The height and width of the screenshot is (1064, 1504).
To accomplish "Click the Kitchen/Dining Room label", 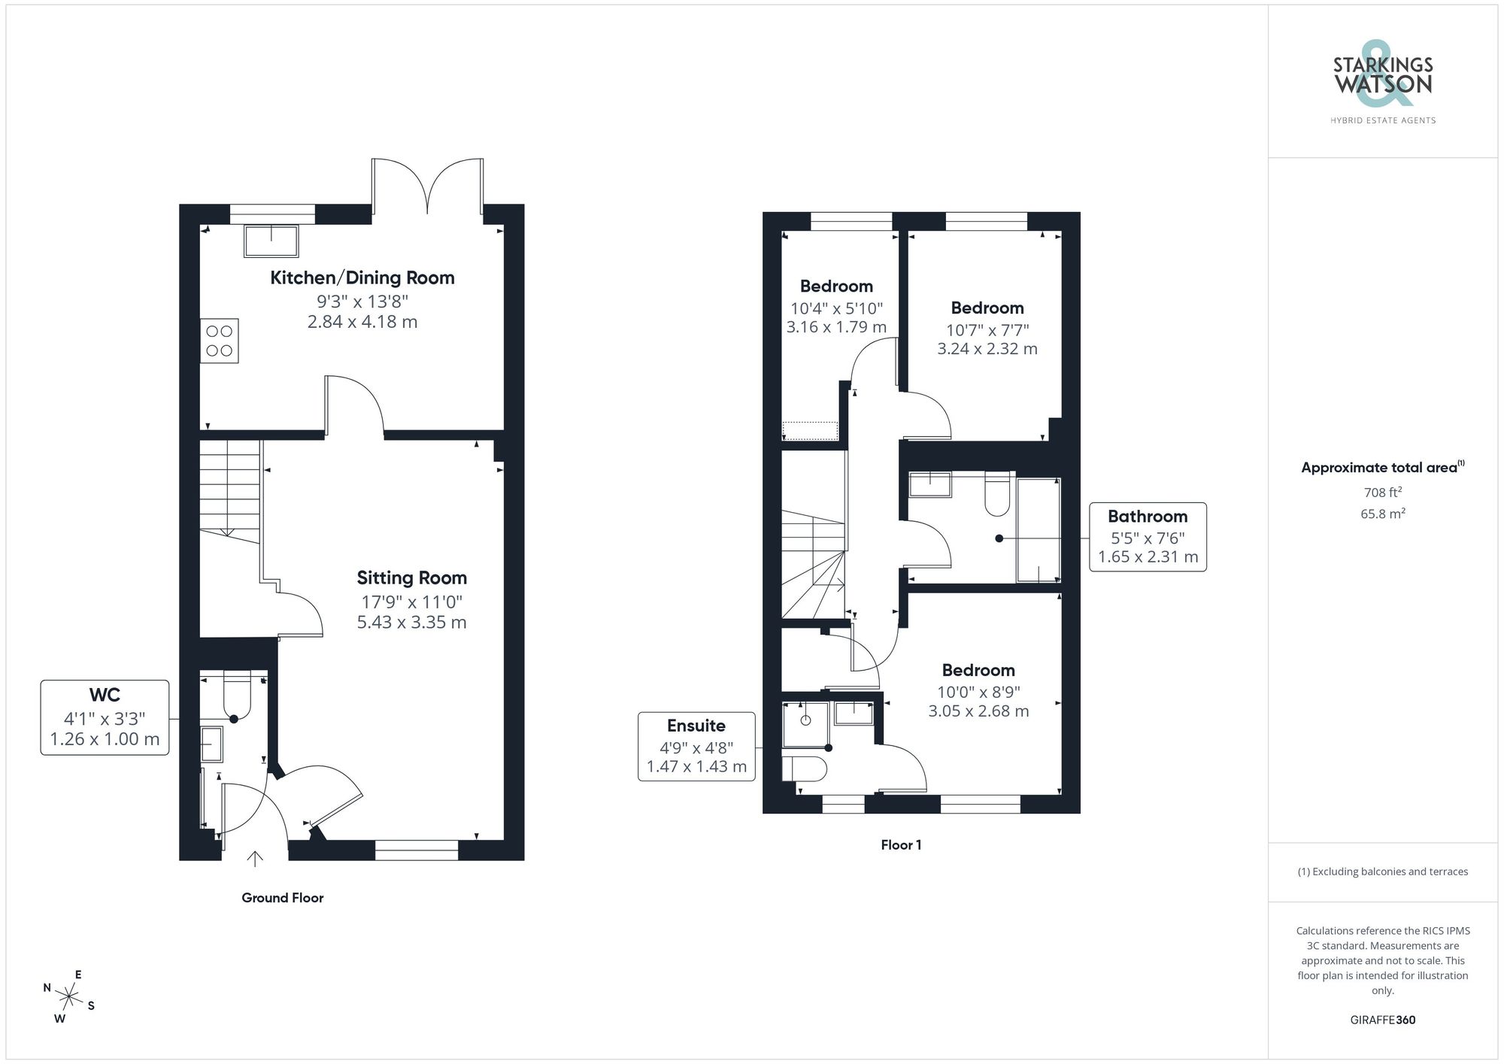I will [x=362, y=277].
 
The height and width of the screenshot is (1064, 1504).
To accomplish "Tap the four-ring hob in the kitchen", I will [x=219, y=341].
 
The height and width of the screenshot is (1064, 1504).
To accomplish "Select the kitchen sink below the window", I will [x=271, y=240].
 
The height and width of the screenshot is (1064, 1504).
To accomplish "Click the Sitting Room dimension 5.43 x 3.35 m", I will [x=411, y=623].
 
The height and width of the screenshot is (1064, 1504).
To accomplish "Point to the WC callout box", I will [x=105, y=717].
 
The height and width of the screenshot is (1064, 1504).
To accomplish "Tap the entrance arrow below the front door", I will [x=255, y=858].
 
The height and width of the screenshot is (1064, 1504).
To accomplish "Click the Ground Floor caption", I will [x=282, y=898].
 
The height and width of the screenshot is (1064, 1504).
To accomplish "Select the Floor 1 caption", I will [x=901, y=845].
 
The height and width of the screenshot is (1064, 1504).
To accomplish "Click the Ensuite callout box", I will [x=696, y=746].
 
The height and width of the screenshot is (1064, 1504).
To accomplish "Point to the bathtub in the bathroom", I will [x=1039, y=529].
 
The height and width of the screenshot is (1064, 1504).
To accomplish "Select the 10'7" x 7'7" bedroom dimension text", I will [x=987, y=329].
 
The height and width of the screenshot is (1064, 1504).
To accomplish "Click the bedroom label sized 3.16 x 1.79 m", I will [x=836, y=286].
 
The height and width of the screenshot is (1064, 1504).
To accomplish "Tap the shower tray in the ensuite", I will [x=805, y=724].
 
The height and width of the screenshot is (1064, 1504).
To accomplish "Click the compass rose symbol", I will [x=69, y=998].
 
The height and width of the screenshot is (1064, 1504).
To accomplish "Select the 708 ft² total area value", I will [x=1382, y=493].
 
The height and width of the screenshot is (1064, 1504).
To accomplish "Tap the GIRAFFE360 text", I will [x=1382, y=1020].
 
